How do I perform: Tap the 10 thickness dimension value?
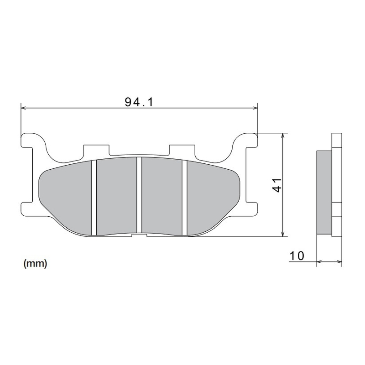[297, 256]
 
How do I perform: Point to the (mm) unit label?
[35, 264]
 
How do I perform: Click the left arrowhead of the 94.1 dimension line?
[24, 108]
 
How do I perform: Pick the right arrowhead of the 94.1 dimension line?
[255, 108]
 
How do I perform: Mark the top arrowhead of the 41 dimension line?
[284, 136]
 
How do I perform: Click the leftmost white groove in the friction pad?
[94, 198]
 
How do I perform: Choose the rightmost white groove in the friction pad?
[185, 198]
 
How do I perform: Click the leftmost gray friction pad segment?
[66, 196]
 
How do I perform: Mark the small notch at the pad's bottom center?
[139, 235]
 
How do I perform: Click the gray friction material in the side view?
[324, 192]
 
